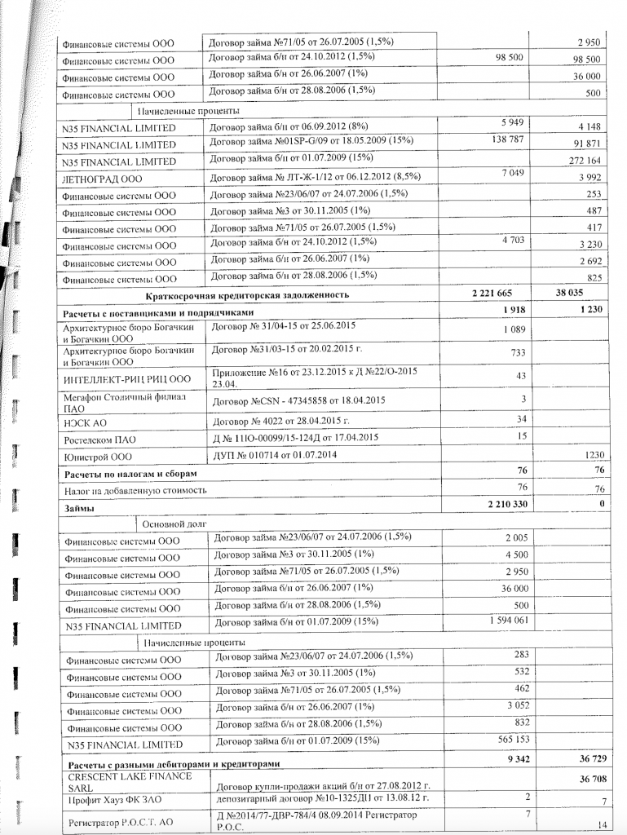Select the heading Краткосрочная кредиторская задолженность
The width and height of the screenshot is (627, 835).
247,295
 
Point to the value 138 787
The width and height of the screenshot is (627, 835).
504,140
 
